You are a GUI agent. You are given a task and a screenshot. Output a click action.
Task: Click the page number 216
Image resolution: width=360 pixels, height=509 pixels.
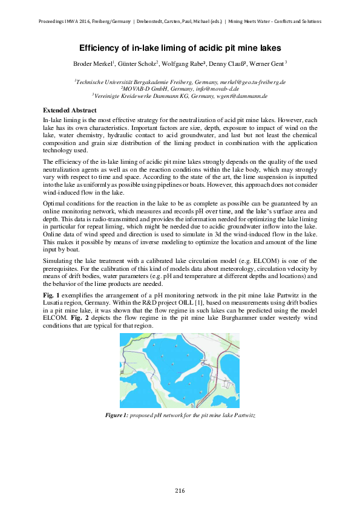[x=180, y=490]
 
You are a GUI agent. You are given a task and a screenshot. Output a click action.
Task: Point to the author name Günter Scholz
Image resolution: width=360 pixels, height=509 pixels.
[x=139, y=63]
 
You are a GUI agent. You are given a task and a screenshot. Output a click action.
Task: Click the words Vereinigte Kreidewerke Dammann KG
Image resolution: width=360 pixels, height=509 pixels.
[x=139, y=96]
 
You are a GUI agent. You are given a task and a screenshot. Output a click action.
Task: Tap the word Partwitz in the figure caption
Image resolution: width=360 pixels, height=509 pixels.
[x=244, y=417]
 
